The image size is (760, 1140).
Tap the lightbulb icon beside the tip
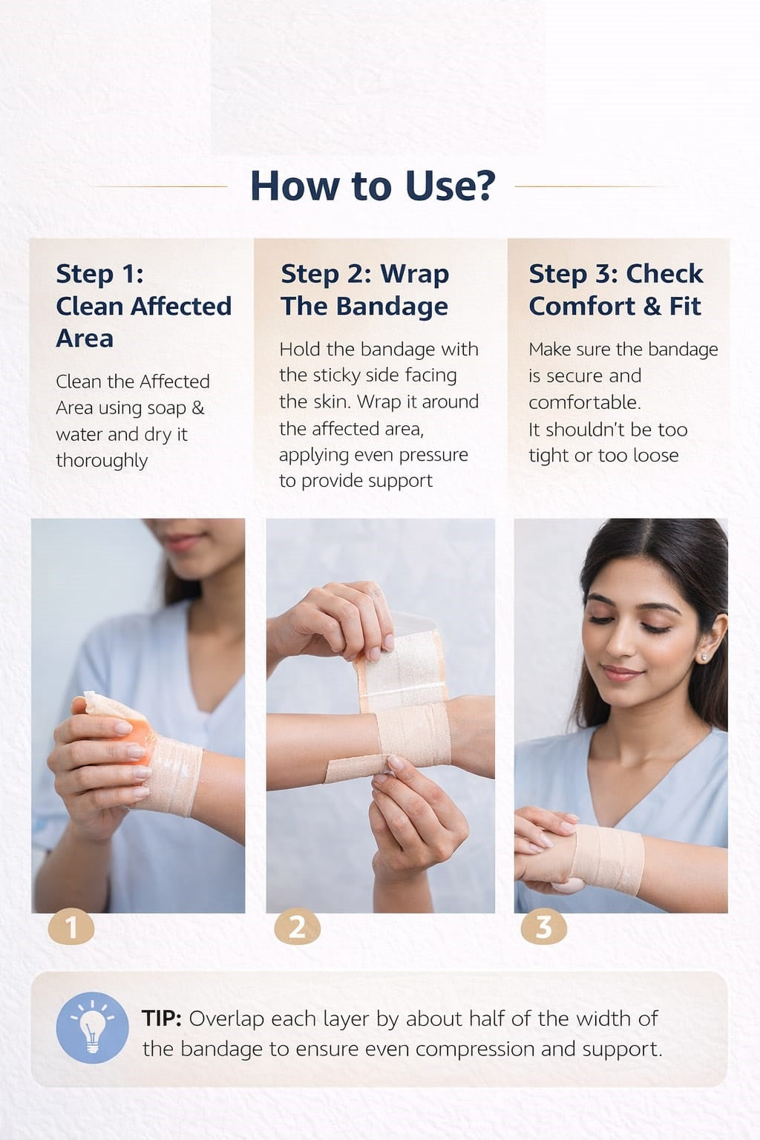click(x=92, y=1027)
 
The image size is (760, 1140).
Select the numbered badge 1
click(x=71, y=926)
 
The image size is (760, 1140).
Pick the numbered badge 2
click(x=298, y=926)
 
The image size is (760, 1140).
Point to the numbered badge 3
click(x=544, y=926)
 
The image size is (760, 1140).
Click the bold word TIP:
click(x=162, y=1018)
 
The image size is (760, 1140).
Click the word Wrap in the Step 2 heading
click(x=414, y=275)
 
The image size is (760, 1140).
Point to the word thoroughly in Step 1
click(x=102, y=461)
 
